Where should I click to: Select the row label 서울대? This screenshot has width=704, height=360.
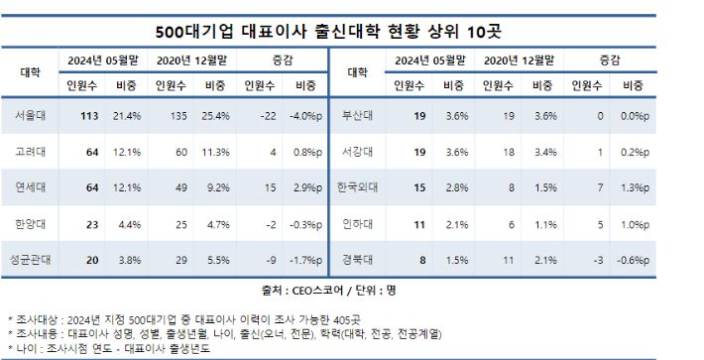[x=30, y=116]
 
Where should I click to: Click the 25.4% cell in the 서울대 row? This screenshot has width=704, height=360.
[x=215, y=116]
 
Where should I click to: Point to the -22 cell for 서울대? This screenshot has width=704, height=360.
[x=261, y=116]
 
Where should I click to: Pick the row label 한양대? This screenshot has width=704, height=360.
[x=30, y=224]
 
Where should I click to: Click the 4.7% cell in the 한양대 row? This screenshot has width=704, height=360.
[x=215, y=224]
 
